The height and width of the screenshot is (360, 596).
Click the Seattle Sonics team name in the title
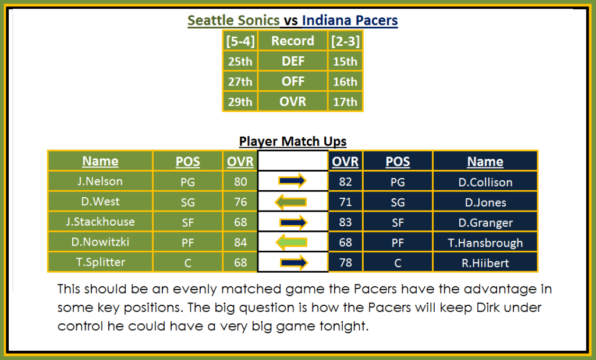coord(233,20)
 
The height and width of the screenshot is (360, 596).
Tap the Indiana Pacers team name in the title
coord(350,20)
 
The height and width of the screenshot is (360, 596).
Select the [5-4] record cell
coord(240,41)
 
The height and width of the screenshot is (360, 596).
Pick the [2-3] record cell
coord(345,41)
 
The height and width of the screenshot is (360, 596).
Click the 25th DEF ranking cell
coord(240,61)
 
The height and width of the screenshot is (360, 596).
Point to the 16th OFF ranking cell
coord(345,81)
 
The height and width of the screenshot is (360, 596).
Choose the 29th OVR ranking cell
coord(240,101)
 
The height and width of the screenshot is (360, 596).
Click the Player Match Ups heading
coord(293,141)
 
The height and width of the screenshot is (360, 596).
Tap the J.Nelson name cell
coord(100,181)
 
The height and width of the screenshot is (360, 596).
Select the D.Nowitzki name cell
coord(100,242)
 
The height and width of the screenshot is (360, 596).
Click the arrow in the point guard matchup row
coord(292,181)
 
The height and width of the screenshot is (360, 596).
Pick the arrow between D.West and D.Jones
coord(291,202)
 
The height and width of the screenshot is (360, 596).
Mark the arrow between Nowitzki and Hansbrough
coord(292,243)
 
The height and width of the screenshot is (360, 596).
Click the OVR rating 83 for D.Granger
coord(345,222)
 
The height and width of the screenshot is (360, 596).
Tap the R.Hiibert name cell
coord(485,263)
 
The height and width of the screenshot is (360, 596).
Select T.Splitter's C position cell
coord(188,263)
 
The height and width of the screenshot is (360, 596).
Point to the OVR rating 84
coord(240,242)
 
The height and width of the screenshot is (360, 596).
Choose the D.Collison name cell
coord(485,182)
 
